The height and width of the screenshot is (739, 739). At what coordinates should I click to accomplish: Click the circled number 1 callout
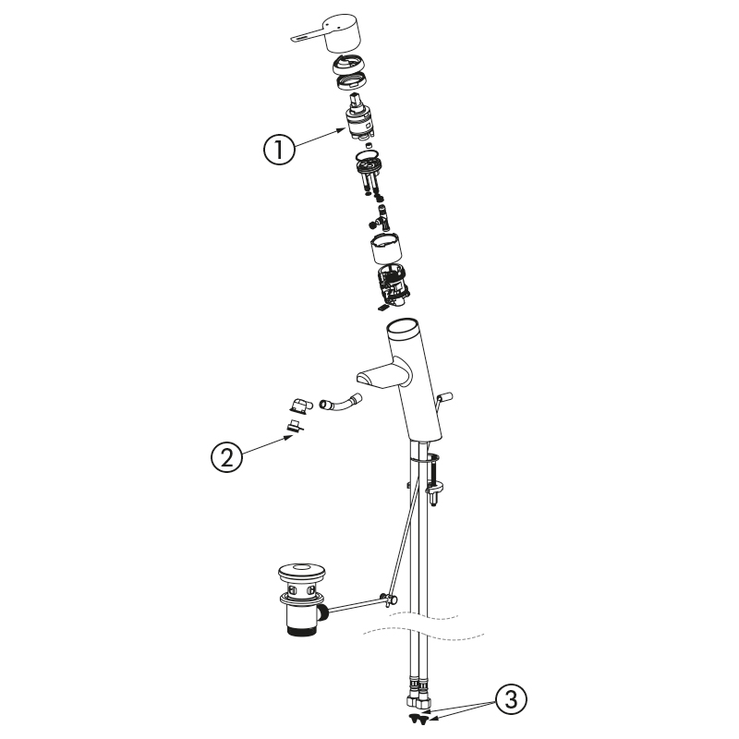tap(279, 149)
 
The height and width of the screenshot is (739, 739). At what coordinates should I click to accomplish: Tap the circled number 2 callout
tap(226, 456)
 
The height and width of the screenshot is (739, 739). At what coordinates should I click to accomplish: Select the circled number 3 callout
tap(511, 698)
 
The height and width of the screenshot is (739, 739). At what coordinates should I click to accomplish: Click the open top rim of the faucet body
tap(402, 328)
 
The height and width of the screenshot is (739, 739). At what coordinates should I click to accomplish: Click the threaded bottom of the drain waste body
tap(302, 629)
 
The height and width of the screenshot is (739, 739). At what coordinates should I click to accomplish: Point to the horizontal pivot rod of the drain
tap(357, 605)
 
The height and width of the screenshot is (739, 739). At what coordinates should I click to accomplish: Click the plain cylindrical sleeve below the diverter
tap(385, 248)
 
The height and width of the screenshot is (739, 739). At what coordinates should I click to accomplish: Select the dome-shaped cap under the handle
tap(350, 65)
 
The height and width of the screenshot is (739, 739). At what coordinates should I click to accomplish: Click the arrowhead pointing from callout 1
tap(342, 129)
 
